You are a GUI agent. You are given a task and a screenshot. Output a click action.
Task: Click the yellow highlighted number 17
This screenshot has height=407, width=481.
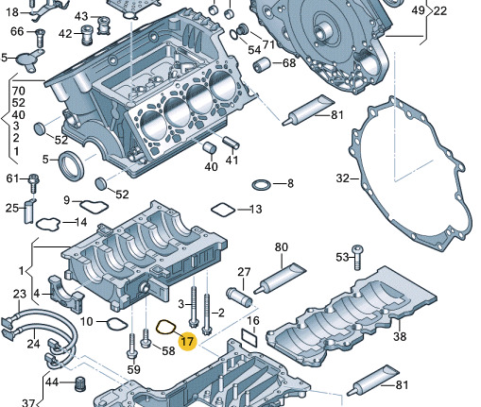pos(187,341)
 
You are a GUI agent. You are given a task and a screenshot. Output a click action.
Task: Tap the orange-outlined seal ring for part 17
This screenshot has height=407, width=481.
pos(158,328)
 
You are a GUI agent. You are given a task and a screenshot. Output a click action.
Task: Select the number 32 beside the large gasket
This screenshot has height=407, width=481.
pos(343,178)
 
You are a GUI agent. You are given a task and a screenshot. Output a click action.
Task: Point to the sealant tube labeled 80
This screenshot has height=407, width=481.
pos(280,279)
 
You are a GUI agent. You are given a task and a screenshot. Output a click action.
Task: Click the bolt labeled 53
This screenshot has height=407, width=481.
pos(357,257)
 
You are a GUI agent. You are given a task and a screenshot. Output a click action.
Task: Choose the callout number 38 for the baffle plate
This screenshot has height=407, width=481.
pos(400,336)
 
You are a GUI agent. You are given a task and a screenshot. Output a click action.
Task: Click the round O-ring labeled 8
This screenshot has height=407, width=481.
pos(261,185)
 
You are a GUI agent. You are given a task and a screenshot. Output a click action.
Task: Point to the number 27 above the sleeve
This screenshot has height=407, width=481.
pos(244,272)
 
